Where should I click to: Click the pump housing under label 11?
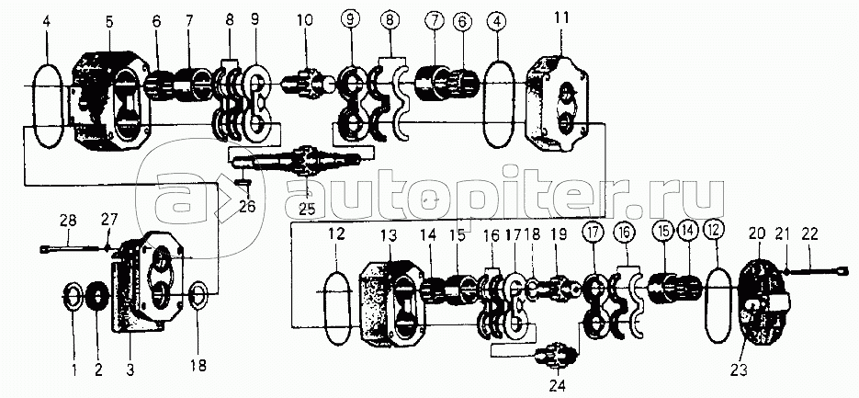[561, 100]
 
